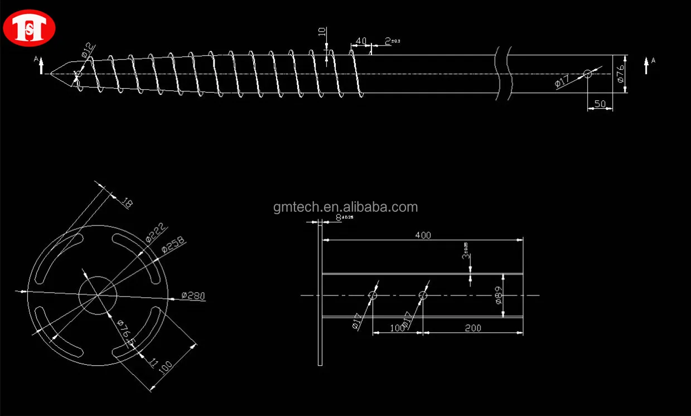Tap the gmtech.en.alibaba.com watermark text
click(x=345, y=207)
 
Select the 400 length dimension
click(x=423, y=235)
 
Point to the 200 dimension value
click(x=472, y=328)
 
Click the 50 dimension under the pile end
click(x=600, y=104)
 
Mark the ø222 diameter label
click(x=157, y=233)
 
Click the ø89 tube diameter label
click(x=499, y=295)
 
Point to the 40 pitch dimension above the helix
click(x=361, y=41)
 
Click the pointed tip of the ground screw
click(x=51, y=73)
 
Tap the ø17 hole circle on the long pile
click(x=587, y=74)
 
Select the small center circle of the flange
click(x=98, y=294)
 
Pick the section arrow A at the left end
click(x=40, y=65)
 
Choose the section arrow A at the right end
click(x=646, y=65)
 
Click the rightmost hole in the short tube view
click(x=423, y=295)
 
